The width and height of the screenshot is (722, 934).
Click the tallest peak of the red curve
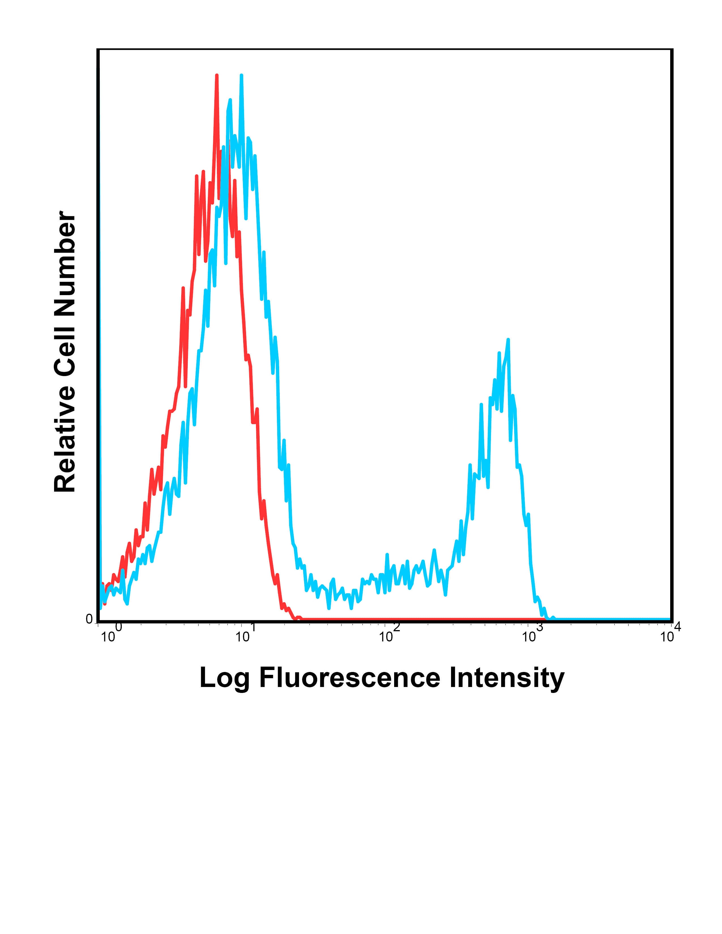(217, 76)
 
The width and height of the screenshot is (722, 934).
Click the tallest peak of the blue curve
(242, 76)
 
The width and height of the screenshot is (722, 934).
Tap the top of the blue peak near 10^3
(508, 340)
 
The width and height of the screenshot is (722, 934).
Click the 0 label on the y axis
(89, 619)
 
